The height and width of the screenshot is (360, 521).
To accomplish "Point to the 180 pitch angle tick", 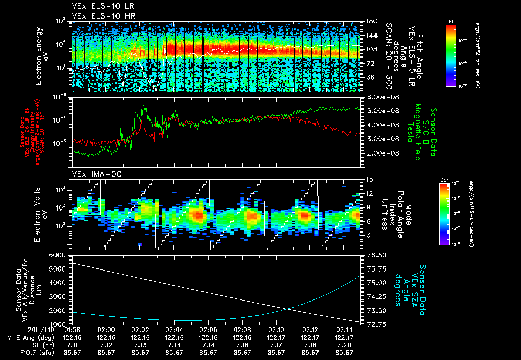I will coord(370,21).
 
